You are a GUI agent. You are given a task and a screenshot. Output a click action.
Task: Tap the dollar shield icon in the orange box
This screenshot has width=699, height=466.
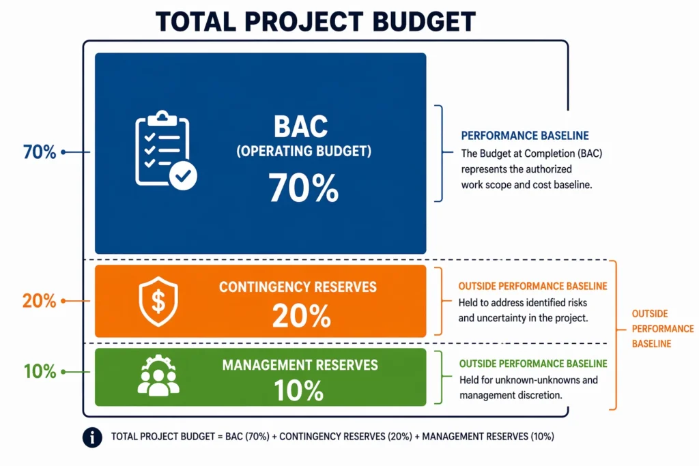(158, 302)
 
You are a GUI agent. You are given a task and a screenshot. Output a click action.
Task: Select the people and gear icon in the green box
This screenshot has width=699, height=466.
(158, 376)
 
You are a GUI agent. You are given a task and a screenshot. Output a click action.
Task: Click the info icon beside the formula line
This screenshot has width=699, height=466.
(92, 437)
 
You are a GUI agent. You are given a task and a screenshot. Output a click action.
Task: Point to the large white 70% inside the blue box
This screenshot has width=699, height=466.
(303, 188)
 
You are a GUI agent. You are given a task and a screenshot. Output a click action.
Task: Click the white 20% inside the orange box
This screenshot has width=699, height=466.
(301, 315)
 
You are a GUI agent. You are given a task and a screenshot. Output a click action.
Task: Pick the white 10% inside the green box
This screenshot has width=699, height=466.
(298, 390)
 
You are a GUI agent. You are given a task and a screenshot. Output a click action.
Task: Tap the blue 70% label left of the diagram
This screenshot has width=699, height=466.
(40, 152)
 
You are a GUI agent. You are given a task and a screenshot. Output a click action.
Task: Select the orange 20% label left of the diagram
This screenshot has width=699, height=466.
(39, 301)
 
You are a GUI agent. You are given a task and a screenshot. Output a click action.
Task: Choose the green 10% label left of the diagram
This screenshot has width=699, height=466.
(40, 372)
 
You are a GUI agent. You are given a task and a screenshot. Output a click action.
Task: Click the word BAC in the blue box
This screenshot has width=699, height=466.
(301, 126)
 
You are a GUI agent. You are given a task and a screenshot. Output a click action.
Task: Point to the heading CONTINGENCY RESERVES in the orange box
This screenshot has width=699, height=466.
(298, 287)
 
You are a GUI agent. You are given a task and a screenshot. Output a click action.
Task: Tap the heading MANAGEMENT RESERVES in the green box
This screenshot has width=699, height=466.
(300, 365)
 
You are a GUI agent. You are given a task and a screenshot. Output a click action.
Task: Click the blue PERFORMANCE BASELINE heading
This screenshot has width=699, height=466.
(525, 136)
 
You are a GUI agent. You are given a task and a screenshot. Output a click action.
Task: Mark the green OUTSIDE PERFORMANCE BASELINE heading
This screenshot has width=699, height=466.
(533, 364)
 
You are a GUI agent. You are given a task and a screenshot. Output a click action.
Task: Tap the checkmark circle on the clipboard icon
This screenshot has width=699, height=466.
(182, 177)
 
